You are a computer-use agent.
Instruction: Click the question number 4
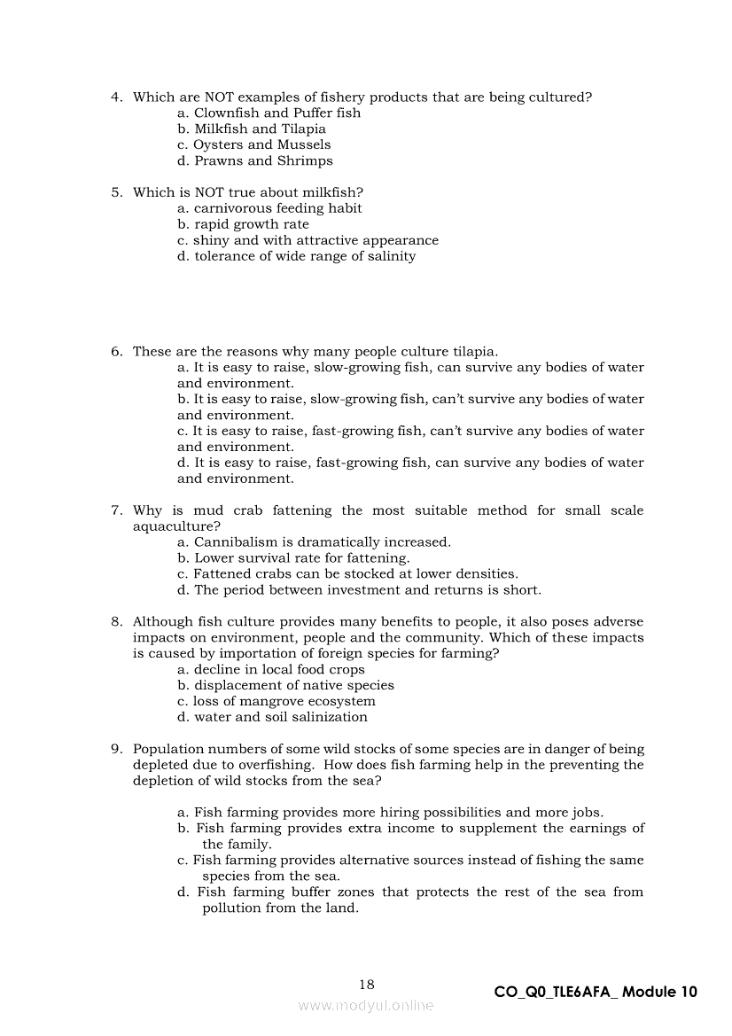116,97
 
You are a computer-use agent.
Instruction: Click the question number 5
116,192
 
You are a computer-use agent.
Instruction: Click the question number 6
116,352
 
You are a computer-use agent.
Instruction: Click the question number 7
116,510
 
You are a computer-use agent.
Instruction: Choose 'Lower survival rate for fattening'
301,558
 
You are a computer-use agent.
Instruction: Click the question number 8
116,622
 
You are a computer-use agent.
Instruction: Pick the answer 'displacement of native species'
293,686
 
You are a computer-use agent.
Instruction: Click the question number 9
116,750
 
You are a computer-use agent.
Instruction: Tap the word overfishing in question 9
275,766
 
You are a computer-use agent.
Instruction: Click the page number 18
367,985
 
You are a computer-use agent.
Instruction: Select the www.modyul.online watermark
366,1006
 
